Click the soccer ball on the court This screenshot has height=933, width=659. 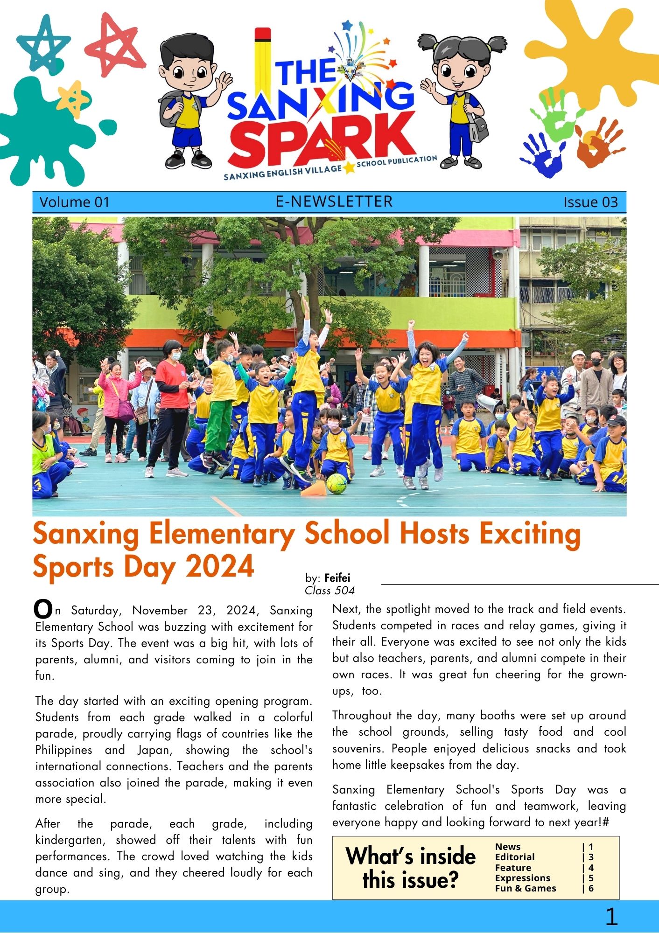337,484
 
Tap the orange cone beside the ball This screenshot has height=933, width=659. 313,489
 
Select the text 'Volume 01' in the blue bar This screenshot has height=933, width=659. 74,202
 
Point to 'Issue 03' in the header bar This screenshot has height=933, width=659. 590,202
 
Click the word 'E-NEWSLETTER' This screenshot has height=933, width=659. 334,201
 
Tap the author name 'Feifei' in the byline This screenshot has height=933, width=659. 337,578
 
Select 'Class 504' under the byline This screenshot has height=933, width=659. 329,591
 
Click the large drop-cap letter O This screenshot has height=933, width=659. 43,609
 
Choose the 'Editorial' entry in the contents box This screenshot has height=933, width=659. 515,857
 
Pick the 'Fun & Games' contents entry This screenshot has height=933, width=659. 526,888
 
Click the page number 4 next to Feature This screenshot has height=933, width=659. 591,868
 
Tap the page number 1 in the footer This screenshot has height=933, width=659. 611,917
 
